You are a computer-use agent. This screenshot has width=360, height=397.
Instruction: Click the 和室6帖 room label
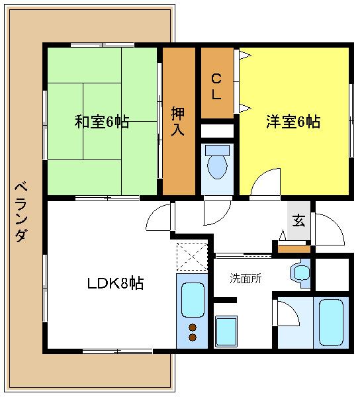[x=101, y=122]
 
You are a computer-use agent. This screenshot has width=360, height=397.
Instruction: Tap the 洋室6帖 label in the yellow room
[x=293, y=122]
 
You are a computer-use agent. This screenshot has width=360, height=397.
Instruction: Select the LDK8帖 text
[x=116, y=284]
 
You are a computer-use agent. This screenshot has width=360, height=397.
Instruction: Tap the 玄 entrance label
[x=298, y=220]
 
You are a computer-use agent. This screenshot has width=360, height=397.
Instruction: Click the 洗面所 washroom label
[x=246, y=278]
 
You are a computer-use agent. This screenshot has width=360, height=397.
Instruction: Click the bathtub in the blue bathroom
[x=329, y=322]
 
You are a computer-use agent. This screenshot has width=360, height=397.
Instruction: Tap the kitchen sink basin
[x=193, y=299]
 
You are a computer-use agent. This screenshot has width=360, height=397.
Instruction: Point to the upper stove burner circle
[x=193, y=327]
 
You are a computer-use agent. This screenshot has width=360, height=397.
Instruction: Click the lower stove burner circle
[x=193, y=337]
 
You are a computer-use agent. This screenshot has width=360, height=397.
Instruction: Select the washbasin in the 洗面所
[x=301, y=273]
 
